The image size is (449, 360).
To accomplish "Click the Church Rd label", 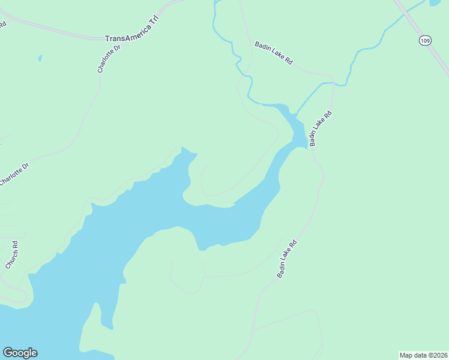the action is pos(13,255).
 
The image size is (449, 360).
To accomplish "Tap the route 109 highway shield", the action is pos(425,40).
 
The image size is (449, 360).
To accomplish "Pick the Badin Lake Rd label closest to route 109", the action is pos(273,53).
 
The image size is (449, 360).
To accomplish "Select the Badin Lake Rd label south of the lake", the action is pos(288,259).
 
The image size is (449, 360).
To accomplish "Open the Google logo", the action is pos(20,353).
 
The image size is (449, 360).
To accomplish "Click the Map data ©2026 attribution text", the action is pos(423,355).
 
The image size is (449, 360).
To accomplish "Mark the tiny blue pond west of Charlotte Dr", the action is pos(40,58).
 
